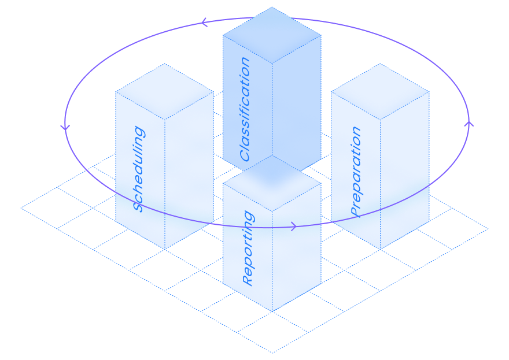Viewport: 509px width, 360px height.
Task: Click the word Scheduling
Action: tap(139, 169)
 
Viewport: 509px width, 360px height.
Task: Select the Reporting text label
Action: tap(248, 248)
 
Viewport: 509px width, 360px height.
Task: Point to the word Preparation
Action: tap(356, 171)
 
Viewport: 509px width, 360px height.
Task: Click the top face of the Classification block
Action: tap(272, 35)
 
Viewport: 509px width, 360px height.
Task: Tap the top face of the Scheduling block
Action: tap(165, 91)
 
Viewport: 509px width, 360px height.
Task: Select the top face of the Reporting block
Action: tap(272, 183)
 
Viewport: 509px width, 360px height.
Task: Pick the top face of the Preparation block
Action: tap(380, 91)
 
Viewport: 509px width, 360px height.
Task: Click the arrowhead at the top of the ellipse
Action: tap(204, 23)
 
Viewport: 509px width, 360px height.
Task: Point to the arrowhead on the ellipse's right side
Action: tap(469, 123)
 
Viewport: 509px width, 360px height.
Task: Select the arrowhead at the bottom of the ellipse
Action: tap(294, 227)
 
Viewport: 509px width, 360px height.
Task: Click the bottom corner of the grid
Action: tap(272, 352)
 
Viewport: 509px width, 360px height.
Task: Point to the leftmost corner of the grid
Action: tap(21, 207)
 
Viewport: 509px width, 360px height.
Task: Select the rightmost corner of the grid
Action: tap(488, 229)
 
